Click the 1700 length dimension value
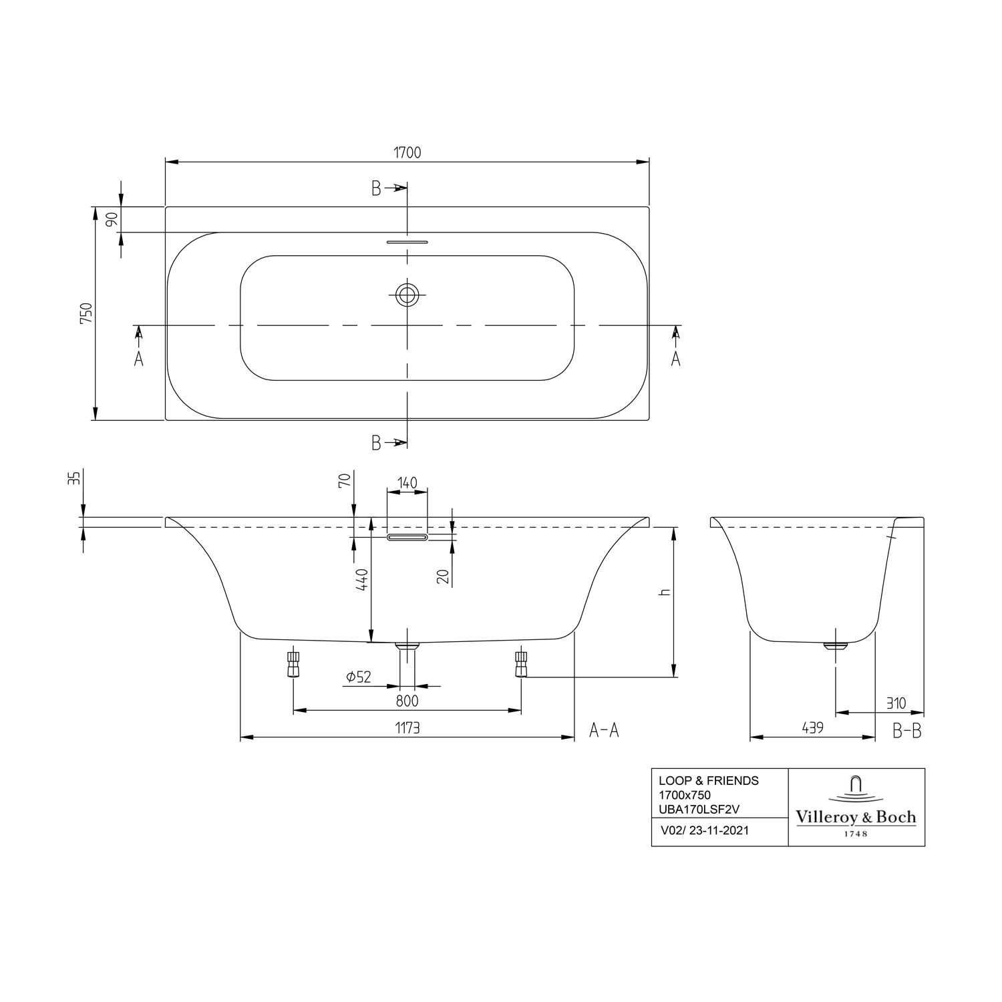pos(407,152)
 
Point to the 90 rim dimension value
pos(112,218)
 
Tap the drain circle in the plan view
pos(407,293)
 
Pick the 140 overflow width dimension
pos(407,482)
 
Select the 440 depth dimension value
pos(361,578)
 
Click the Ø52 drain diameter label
pos(359,677)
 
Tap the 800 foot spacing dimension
pos(407,701)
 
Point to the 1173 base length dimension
pos(407,727)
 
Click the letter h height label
pos(663,593)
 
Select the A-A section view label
pos(604,731)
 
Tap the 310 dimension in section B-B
pos(896,703)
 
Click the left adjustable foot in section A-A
pos(293,664)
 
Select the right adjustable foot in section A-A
pos(521,664)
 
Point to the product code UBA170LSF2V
pos(699,809)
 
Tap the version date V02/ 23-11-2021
pos(704,831)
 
